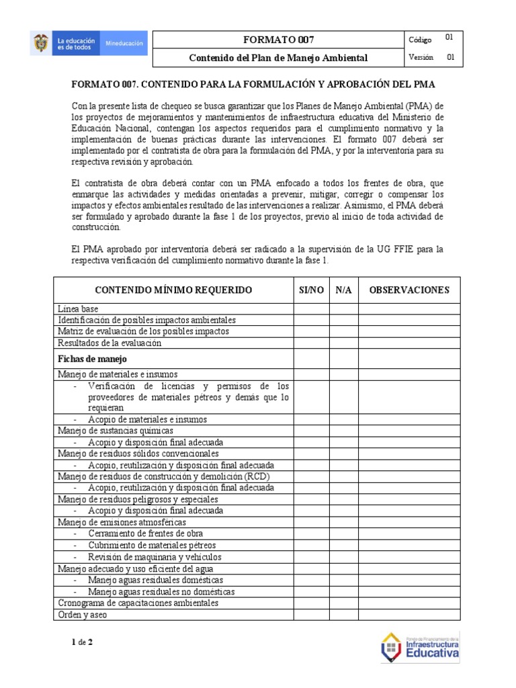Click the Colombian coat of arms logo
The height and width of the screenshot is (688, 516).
(41, 45)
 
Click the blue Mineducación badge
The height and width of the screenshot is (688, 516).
(124, 44)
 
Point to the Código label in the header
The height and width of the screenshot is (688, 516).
(420, 40)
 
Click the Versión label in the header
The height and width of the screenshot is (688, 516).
(421, 58)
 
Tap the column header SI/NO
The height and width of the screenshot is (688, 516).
(311, 290)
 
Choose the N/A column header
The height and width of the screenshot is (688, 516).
(343, 290)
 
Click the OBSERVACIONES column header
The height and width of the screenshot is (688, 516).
(408, 290)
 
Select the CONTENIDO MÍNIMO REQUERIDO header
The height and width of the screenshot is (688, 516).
(173, 290)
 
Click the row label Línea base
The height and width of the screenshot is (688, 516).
(79, 308)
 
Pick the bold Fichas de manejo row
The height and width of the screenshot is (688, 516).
(93, 359)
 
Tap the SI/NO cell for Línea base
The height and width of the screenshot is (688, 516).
(311, 308)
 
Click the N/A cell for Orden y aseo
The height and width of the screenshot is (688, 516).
(343, 615)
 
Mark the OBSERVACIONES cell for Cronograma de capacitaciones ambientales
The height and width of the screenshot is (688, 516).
(408, 603)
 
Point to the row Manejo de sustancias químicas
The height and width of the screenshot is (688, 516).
(116, 431)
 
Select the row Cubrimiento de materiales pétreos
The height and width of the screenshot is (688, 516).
(152, 546)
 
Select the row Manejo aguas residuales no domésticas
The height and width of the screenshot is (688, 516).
(161, 592)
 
